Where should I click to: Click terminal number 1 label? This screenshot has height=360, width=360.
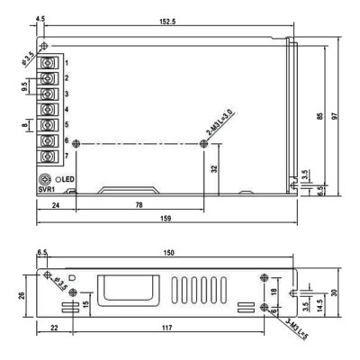(67, 62)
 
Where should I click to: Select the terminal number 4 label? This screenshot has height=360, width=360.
(67, 110)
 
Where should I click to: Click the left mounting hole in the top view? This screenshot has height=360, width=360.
(76, 143)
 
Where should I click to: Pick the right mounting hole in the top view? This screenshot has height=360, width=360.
(202, 143)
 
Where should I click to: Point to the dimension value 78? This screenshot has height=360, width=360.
(139, 206)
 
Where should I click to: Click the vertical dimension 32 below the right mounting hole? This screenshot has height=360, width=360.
(213, 168)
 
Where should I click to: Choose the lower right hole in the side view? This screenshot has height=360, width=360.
(263, 307)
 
